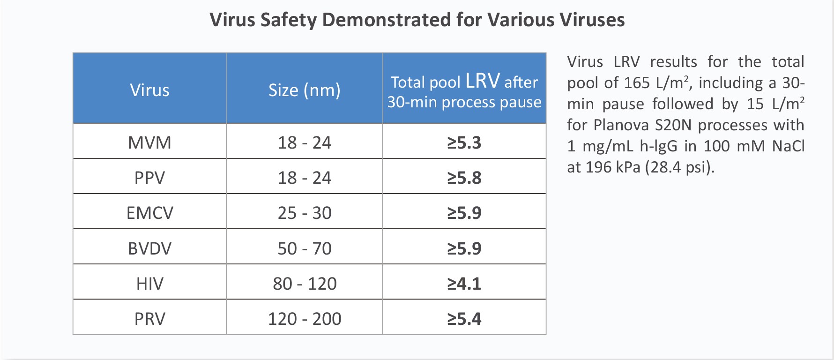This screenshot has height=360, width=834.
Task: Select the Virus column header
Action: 149,90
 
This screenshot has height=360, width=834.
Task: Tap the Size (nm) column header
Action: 304,90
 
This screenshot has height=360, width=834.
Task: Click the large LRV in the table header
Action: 483,81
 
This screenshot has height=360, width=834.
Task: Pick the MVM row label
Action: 149,142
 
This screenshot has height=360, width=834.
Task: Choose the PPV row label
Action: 149,178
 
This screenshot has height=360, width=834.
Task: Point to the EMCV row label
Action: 149,213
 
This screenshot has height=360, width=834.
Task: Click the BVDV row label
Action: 149,248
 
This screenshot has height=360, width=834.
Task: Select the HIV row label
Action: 149,284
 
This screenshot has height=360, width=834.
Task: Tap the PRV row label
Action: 149,319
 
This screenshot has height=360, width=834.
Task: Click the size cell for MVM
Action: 304,142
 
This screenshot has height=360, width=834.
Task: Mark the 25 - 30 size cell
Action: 304,213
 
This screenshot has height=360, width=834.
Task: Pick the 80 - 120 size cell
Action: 304,284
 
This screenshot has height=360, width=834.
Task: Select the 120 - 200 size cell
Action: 304,319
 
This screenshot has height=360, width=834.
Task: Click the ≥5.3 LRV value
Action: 464,142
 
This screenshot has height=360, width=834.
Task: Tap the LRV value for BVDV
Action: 464,248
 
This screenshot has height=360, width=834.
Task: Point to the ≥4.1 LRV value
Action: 464,284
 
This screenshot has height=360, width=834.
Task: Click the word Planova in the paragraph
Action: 621,125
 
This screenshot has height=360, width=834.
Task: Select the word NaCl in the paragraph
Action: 788,146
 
